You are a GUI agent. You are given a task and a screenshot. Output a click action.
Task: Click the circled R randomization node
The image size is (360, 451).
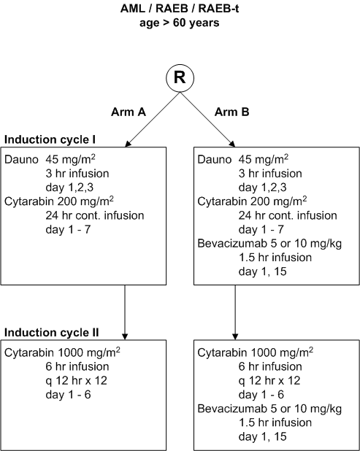pos(180,78)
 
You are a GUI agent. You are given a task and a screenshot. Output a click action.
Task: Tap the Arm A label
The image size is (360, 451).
pos(129,112)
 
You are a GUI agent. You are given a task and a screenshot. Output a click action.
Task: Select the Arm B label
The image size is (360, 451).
pos(231,112)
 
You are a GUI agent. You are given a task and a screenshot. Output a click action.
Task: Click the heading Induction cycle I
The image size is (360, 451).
pos(50,140)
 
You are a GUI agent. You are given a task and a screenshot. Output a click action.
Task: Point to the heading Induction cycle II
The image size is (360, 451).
pos(52,333)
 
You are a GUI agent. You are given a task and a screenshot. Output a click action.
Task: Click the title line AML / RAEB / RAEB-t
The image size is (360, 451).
pos(180,9)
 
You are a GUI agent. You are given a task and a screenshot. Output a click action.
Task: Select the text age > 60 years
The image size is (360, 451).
pos(180,23)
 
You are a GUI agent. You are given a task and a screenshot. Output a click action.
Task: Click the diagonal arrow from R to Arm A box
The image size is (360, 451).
pos(153,120)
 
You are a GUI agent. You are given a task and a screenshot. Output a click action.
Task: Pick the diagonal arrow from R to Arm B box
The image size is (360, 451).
pos(207,120)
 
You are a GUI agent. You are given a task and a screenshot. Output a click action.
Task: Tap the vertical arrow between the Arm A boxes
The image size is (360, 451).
pos(125,312)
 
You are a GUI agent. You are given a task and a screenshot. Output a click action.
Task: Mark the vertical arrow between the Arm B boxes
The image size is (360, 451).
pos(235,312)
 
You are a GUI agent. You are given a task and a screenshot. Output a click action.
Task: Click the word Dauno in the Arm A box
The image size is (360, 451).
pos(21,160)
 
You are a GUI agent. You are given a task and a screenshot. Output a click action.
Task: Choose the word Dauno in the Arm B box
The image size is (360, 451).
pos(215,160)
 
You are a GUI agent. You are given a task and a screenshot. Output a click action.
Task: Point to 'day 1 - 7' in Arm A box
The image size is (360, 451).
pos(68,230)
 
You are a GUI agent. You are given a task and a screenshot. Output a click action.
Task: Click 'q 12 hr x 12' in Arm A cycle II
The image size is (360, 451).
pos(76,381)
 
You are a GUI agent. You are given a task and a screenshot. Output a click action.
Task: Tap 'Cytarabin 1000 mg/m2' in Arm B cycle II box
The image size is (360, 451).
pos(256,352)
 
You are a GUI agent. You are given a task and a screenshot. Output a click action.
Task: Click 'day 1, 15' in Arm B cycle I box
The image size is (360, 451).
pos(262,271)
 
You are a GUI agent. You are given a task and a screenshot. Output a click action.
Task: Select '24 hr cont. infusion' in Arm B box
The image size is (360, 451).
pos(288,215)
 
